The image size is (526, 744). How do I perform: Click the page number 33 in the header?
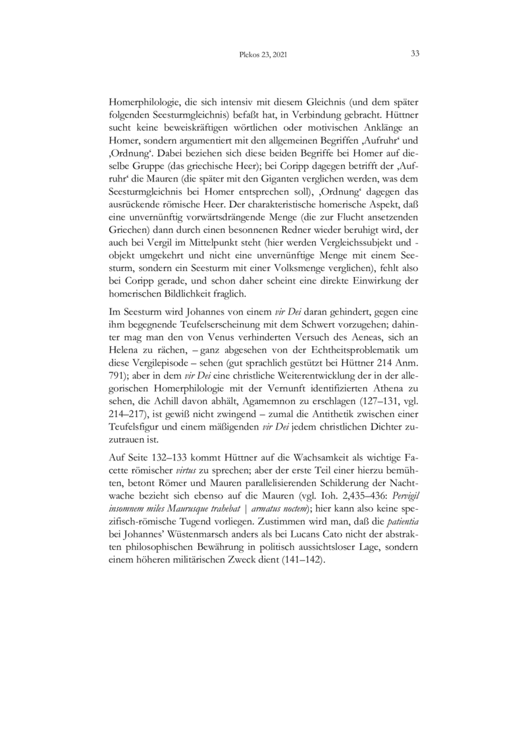click(x=415, y=54)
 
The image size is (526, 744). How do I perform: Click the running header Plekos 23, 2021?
click(x=263, y=55)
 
